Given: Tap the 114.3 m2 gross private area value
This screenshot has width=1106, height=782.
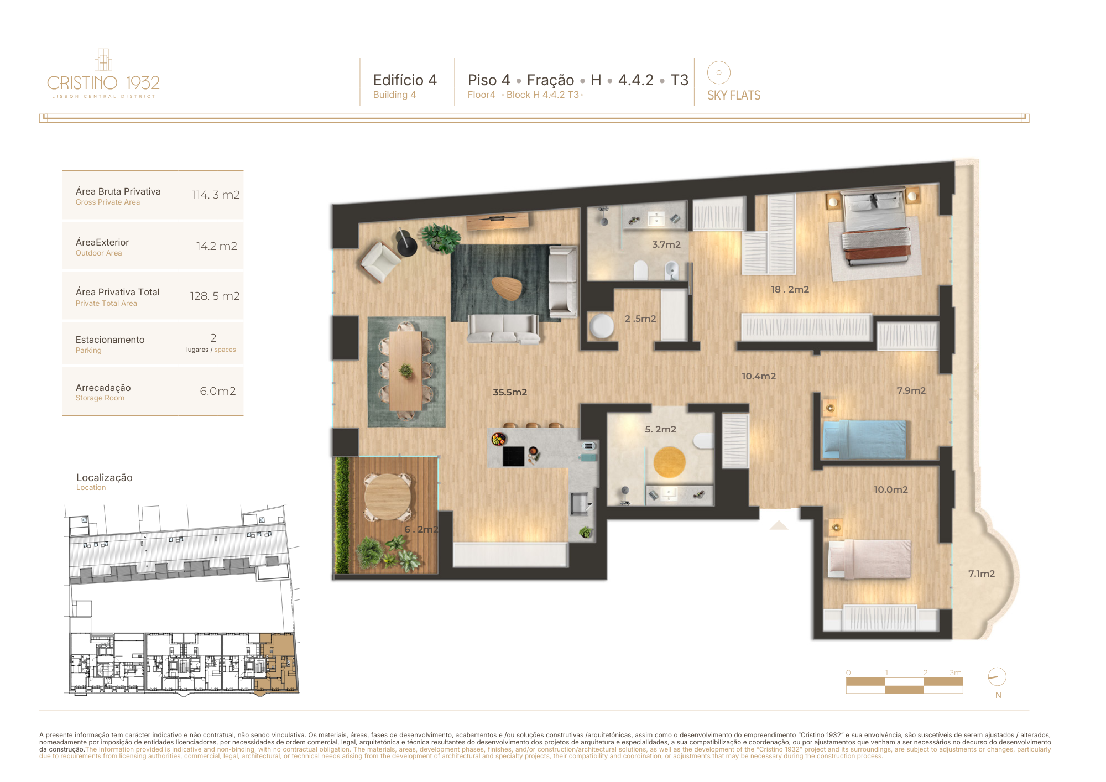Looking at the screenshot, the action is tap(216, 195).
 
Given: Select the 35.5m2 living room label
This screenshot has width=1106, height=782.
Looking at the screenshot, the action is tap(510, 392).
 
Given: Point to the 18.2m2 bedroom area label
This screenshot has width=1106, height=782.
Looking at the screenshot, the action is tap(790, 289).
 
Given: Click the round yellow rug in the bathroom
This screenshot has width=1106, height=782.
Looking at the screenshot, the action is tap(669, 462).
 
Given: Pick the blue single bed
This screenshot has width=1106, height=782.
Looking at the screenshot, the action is tap(864, 439).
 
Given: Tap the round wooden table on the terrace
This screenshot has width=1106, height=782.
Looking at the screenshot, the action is tap(388, 497).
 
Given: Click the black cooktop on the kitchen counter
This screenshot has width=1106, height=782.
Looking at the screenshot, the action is tap(513, 456).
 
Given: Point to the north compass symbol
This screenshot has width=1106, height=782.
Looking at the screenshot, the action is tap(997, 677).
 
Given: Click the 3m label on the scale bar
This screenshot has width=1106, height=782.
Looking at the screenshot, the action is tap(956, 672).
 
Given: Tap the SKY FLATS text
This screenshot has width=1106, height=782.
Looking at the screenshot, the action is tap(734, 95).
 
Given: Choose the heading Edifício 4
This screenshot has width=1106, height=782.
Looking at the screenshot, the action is tap(405, 80).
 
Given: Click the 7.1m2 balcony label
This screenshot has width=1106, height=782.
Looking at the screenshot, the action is tap(982, 574).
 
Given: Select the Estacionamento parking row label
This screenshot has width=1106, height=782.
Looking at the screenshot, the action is tap(110, 340).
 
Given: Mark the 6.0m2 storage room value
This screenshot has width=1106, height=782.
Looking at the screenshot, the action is tap(218, 391).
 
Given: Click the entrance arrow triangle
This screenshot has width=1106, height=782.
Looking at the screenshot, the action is tap(779, 525).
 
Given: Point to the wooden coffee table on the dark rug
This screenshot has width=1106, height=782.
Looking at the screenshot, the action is tap(507, 288).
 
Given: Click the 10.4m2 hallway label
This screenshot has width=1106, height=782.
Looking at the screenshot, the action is tap(759, 376).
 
